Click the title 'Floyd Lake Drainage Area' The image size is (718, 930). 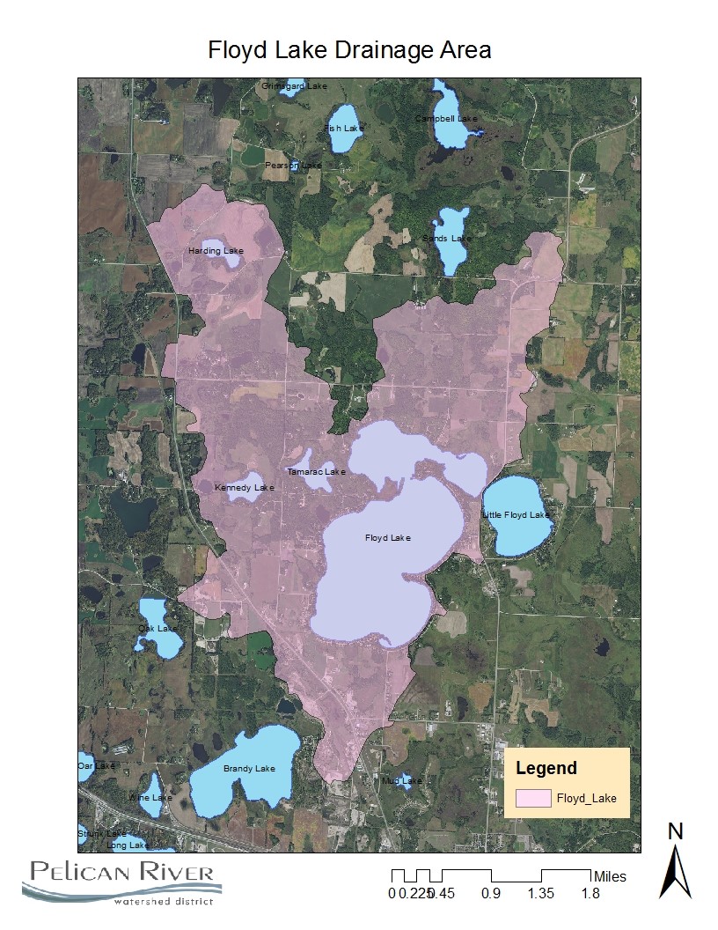(x=349, y=50)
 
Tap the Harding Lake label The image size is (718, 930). (x=216, y=251)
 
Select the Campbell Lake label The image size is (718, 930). (x=446, y=118)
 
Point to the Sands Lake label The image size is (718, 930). (x=447, y=238)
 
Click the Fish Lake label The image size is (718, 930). (x=343, y=128)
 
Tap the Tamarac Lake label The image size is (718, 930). (x=317, y=471)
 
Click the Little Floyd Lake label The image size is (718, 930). (x=516, y=514)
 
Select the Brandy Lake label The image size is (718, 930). (x=249, y=769)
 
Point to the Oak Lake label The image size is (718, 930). (x=158, y=628)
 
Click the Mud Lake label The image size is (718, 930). (x=402, y=780)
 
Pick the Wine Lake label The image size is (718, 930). (x=150, y=797)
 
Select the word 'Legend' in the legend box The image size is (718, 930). (x=546, y=768)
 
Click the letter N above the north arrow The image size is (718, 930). (x=676, y=830)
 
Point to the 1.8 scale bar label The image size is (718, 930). (x=590, y=894)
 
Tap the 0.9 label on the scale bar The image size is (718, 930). (x=491, y=894)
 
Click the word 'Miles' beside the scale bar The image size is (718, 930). (x=611, y=876)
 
